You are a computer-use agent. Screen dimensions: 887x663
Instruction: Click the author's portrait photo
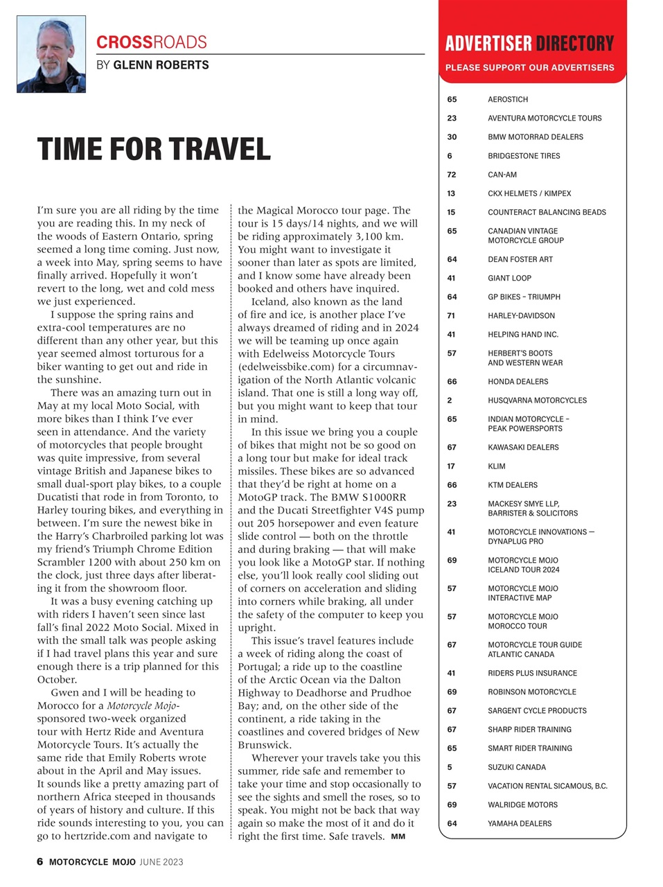[51, 54]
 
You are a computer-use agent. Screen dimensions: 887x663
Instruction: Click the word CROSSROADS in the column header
[151, 42]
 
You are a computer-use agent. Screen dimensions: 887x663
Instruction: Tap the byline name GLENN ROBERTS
[161, 65]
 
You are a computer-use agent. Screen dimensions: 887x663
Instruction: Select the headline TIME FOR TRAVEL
[154, 150]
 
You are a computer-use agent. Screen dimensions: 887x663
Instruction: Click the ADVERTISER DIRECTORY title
[529, 44]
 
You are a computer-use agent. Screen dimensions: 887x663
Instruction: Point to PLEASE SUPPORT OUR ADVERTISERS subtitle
[529, 68]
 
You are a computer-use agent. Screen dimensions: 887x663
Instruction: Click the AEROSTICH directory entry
[507, 100]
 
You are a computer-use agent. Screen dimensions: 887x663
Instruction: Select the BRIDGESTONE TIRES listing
[523, 156]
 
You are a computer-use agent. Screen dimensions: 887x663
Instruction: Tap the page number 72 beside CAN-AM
[451, 175]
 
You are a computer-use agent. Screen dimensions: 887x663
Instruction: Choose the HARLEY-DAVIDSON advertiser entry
[521, 316]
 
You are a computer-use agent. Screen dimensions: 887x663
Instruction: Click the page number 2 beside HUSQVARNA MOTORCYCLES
[450, 401]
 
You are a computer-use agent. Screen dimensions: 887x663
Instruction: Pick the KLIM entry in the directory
[496, 466]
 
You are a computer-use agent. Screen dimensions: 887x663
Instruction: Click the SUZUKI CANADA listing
[516, 767]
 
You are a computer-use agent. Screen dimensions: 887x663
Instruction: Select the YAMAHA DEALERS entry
[520, 823]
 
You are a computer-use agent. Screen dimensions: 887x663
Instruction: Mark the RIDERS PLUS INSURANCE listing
[531, 673]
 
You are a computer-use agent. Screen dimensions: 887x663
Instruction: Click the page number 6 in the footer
[40, 862]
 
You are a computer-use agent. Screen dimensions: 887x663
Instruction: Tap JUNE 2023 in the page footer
[161, 862]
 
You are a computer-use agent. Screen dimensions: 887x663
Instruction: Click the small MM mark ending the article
[398, 836]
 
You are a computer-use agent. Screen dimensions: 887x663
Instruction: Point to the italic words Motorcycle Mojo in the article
[143, 705]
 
